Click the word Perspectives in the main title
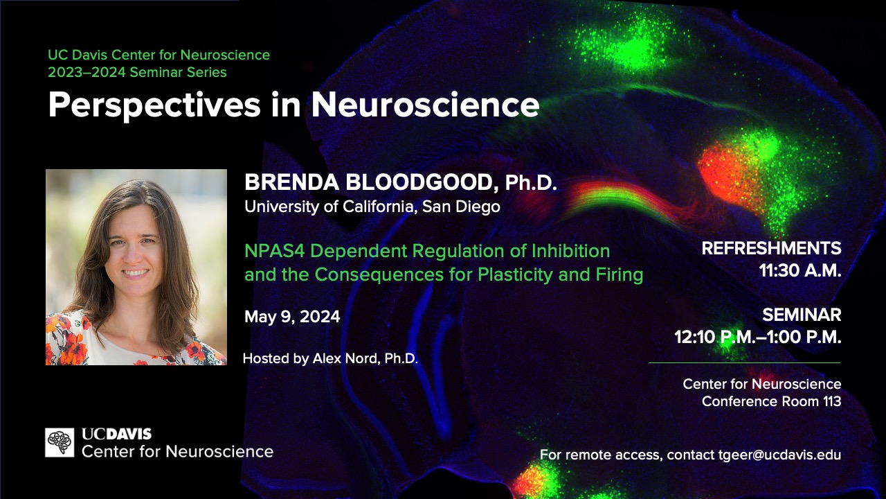pos(154,105)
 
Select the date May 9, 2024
pos(292,317)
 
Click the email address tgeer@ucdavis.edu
pos(779,455)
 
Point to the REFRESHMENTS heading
pos(771,248)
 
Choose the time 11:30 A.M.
pos(800,270)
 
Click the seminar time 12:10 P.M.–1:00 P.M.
pos(758,337)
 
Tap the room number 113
pos(832,401)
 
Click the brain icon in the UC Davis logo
pos(60,442)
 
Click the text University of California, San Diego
pos(372,207)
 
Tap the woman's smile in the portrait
pos(135,273)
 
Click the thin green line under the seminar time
pos(745,362)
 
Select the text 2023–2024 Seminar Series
pos(137,73)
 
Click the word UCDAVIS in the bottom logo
pos(117,434)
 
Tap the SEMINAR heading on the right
pos(802,315)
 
